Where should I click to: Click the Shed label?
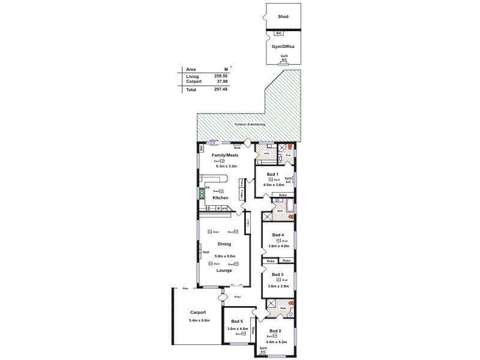[x=283, y=17]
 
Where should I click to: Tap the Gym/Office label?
[x=283, y=46]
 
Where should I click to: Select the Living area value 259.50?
[x=221, y=76]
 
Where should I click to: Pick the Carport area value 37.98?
[x=221, y=82]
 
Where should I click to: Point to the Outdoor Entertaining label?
[x=250, y=124]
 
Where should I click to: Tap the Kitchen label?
[x=220, y=197]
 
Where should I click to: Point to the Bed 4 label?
[x=277, y=235]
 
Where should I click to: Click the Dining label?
[x=224, y=244]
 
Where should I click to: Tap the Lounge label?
[x=224, y=270]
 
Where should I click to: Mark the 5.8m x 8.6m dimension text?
[x=224, y=256]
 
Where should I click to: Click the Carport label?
[x=198, y=313]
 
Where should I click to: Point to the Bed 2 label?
[x=275, y=331]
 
